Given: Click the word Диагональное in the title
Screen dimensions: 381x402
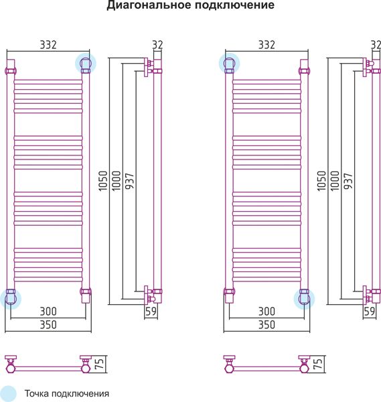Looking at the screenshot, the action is pyautogui.click(x=149, y=5).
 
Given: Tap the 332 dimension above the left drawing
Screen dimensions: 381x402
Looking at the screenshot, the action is pyautogui.click(x=48, y=45).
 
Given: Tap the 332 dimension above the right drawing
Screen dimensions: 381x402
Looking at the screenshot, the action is pyautogui.click(x=266, y=45).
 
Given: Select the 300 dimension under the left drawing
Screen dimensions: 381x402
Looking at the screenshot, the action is pyautogui.click(x=48, y=312).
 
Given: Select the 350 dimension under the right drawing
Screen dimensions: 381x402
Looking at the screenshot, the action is pyautogui.click(x=266, y=324).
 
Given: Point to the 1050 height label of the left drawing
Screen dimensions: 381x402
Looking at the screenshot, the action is pyautogui.click(x=103, y=181).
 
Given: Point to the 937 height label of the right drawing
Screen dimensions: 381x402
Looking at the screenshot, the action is pyautogui.click(x=348, y=181).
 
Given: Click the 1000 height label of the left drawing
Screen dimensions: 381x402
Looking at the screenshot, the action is pyautogui.click(x=117, y=181).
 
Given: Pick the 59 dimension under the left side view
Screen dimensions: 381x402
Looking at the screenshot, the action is pyautogui.click(x=151, y=312).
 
